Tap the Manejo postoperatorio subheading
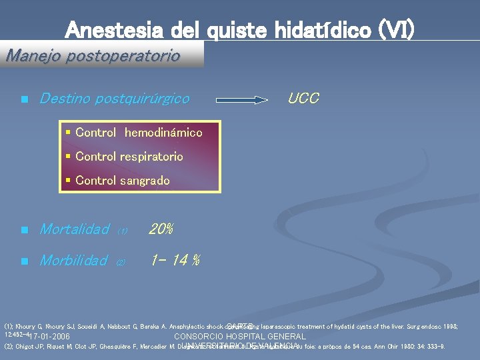click(93, 55)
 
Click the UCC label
click(303, 99)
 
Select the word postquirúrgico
click(142, 99)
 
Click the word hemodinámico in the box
click(163, 133)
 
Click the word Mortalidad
click(73, 230)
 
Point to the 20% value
click(161, 230)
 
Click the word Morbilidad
click(73, 261)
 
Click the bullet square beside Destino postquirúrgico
click(23, 100)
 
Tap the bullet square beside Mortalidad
click(23, 231)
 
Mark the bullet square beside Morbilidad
click(23, 261)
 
